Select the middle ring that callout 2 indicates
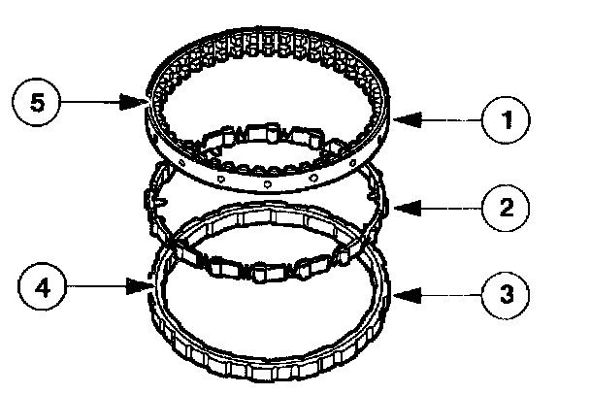pyautogui.click(x=374, y=209)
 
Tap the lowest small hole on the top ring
pyautogui.click(x=267, y=182)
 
